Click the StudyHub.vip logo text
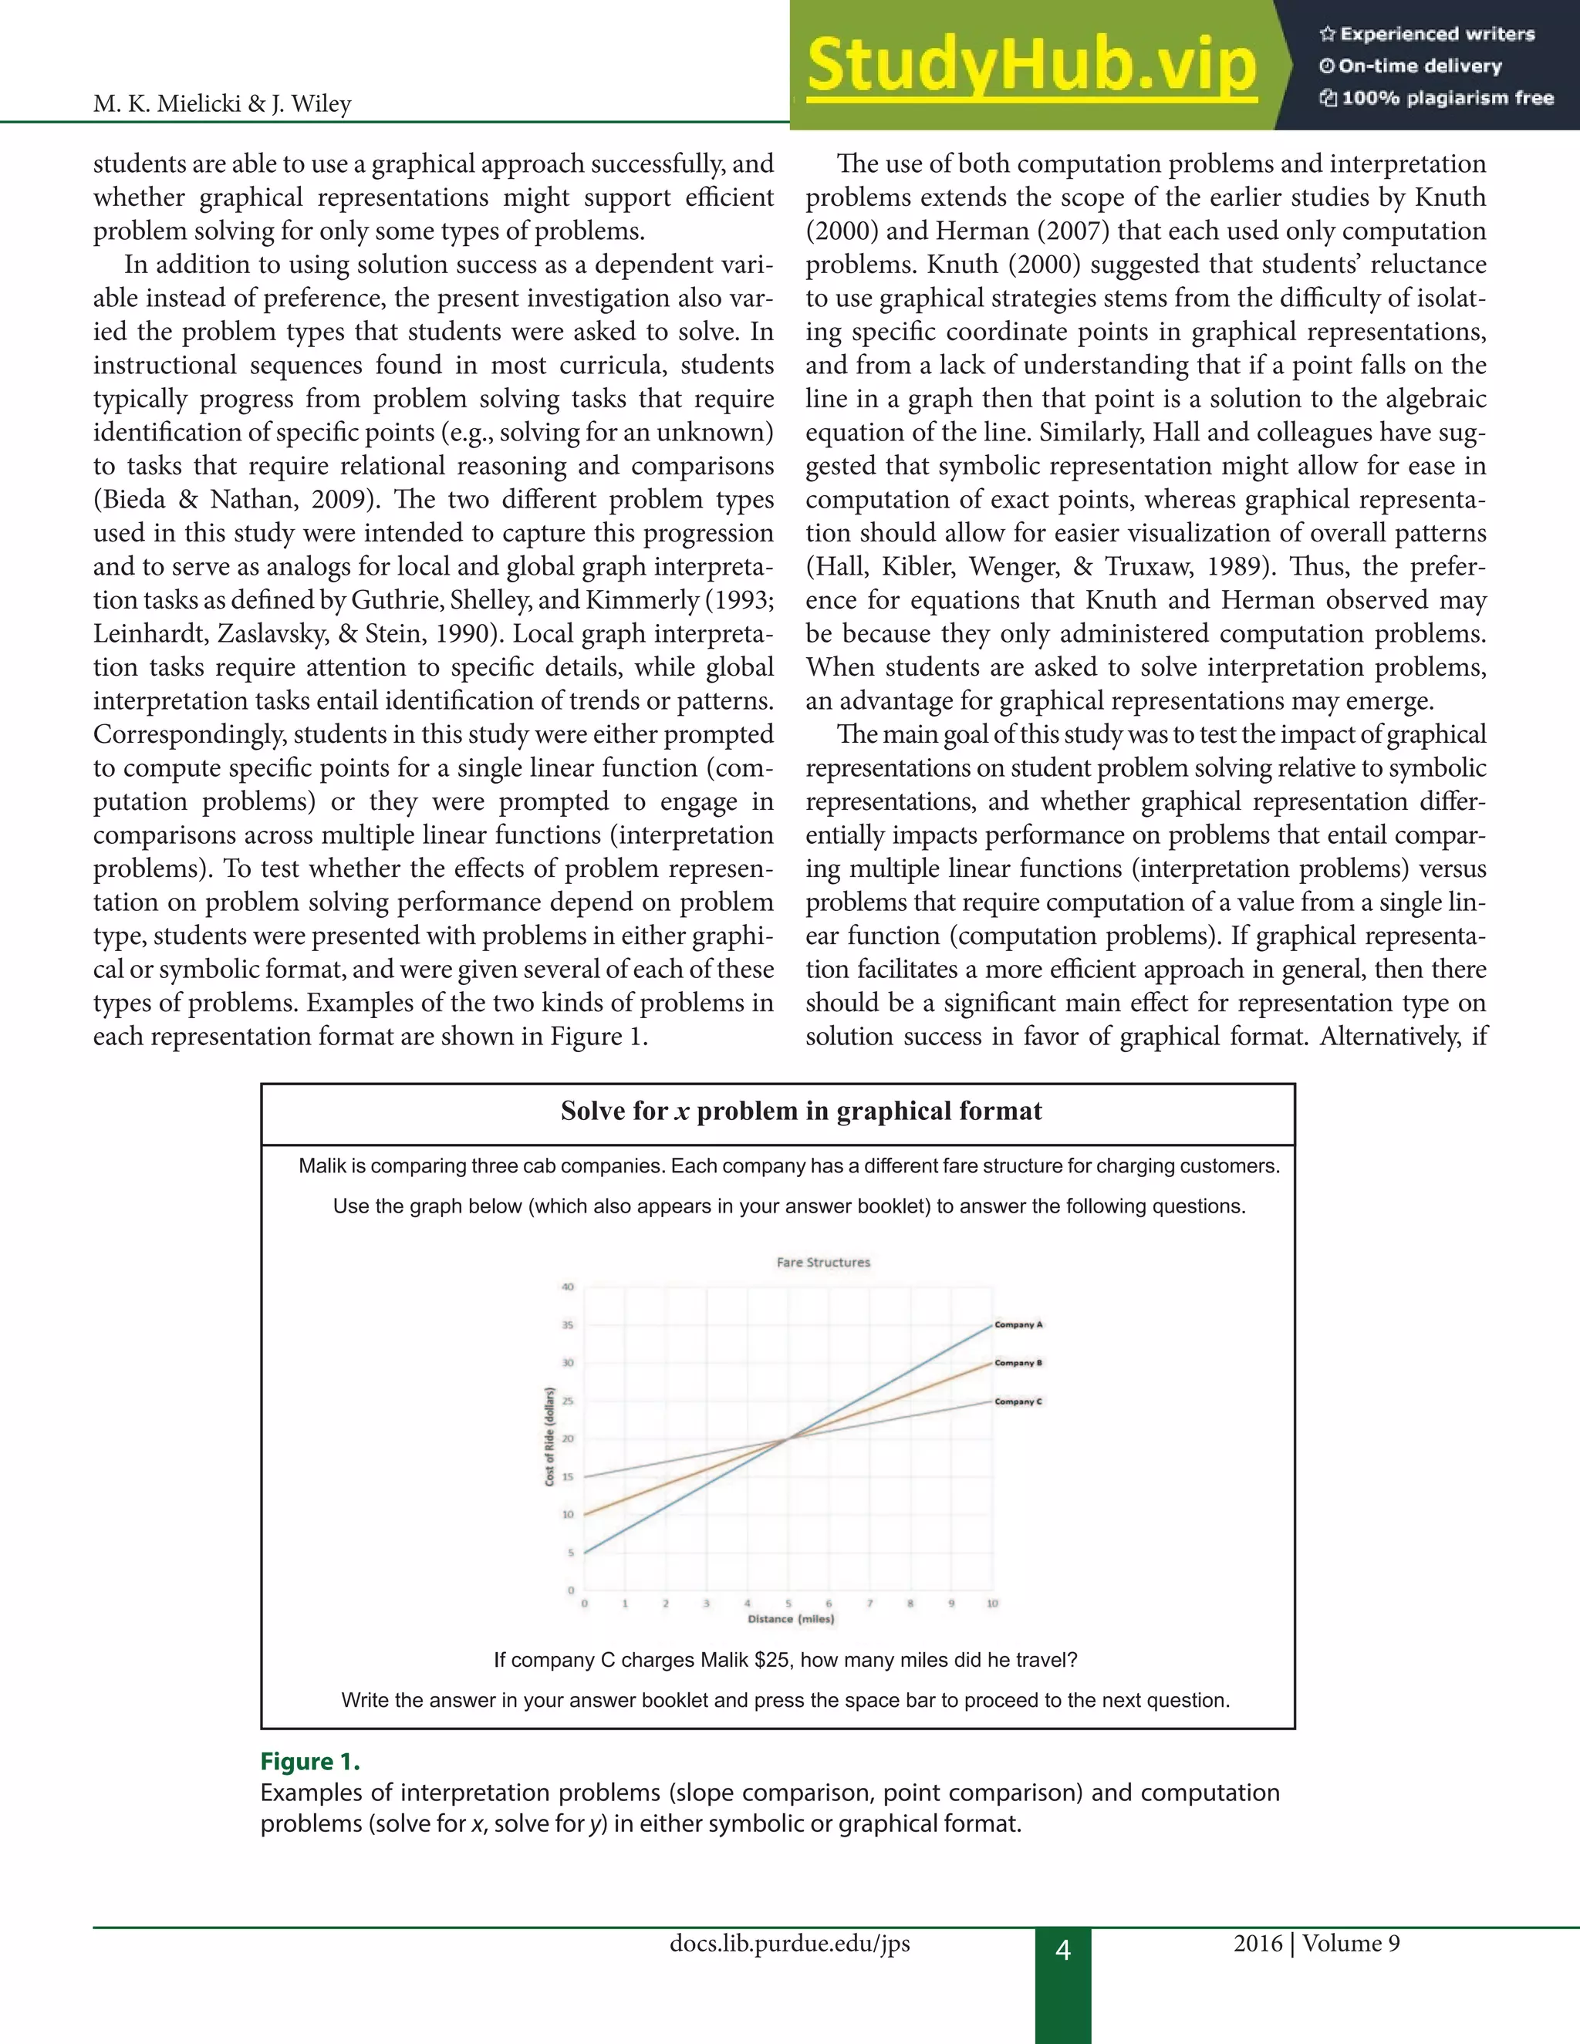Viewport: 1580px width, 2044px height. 1031,66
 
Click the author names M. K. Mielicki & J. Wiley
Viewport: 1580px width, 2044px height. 222,104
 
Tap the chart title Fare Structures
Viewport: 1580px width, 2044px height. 822,1263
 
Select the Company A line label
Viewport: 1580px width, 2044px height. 1018,1324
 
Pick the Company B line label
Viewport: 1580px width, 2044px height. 1018,1363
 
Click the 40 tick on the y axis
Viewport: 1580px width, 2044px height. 567,1287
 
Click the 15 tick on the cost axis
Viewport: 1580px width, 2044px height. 567,1477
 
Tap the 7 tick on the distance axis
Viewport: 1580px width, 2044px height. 869,1604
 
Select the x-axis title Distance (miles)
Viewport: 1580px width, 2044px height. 790,1619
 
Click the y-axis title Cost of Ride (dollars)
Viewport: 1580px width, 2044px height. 549,1437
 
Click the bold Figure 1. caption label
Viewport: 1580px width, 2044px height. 310,1762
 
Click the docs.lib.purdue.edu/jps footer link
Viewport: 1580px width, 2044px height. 789,1944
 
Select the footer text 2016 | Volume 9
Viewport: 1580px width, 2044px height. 1316,1944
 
